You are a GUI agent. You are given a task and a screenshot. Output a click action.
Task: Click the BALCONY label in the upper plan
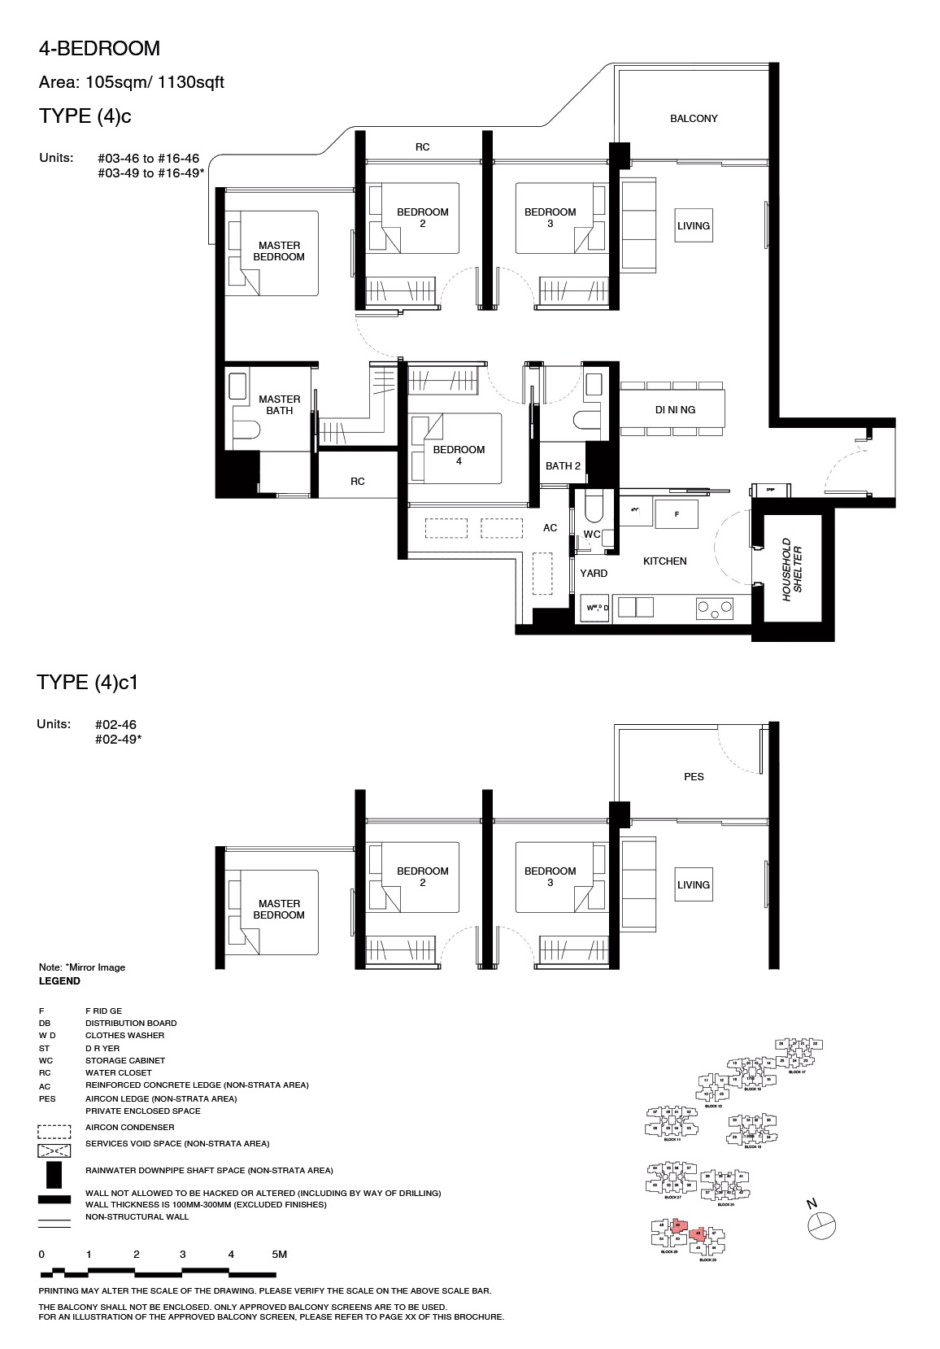point(694,119)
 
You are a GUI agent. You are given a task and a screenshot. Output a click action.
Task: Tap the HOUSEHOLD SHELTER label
point(792,581)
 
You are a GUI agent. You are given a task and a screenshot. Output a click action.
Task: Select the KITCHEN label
point(664,561)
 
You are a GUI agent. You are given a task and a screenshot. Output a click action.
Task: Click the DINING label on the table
point(675,410)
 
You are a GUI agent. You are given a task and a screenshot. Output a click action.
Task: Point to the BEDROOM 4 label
point(459,455)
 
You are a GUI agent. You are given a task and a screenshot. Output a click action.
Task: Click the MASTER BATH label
point(279,405)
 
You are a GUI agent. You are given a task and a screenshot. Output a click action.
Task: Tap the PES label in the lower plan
point(694,777)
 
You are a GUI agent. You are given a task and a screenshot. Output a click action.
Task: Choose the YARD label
point(594,574)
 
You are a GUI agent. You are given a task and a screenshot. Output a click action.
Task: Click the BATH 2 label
point(563,466)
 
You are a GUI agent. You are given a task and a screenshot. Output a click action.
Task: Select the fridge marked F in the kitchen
point(676,514)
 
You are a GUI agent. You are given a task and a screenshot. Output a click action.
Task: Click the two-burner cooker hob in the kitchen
point(714,607)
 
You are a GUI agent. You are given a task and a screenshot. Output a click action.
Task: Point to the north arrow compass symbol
point(822,1223)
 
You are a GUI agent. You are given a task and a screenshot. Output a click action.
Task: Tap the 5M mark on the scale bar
point(279,1255)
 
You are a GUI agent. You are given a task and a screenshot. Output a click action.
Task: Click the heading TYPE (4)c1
point(88,683)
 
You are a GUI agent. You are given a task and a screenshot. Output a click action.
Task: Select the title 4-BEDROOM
point(99,49)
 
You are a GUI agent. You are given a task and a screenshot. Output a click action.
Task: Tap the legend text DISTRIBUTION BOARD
point(131,1023)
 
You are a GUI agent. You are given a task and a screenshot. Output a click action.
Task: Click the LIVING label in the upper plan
point(694,226)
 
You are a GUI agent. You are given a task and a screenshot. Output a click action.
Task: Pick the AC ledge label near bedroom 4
point(551,528)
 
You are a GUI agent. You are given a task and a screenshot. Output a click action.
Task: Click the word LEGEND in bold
point(59,981)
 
